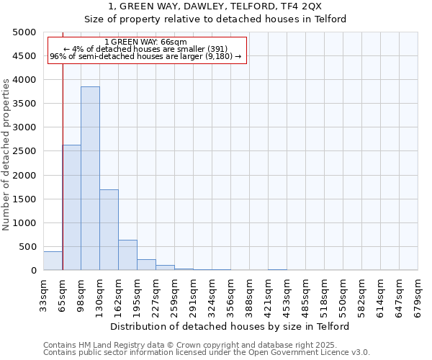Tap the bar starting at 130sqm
(109, 230)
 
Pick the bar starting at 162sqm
(127, 255)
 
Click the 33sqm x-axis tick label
(44, 295)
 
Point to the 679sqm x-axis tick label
(418, 295)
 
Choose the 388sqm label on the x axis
(250, 295)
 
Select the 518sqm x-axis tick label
(325, 295)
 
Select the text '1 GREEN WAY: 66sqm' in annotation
(145, 42)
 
